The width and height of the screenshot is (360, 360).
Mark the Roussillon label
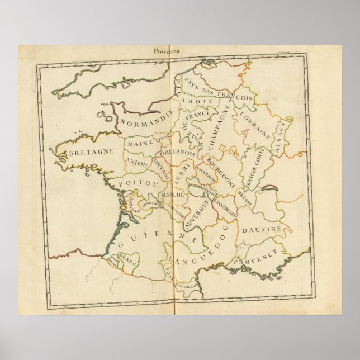click(x=187, y=285)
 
